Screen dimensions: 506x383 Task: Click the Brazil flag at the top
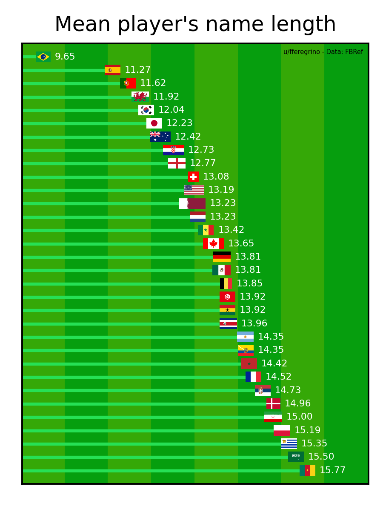pos(43,57)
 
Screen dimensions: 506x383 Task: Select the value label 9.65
pos(65,57)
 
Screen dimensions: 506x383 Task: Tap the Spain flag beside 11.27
pos(112,70)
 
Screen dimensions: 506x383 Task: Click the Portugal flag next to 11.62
pos(128,83)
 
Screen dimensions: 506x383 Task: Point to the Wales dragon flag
pos(140,97)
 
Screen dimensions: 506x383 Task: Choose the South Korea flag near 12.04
pos(146,110)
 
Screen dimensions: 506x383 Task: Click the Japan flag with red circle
pos(154,123)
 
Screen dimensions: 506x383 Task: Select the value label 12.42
pos(188,137)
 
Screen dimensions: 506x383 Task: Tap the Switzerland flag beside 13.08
pos(193,177)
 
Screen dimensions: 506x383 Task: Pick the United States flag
pos(194,190)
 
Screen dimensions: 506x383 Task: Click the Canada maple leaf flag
pos(213,243)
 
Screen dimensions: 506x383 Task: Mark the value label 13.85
pos(249,283)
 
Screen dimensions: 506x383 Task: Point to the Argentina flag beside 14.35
pos(245,337)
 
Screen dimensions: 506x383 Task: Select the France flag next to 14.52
pos(253,377)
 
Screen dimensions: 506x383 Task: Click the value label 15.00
pos(299,417)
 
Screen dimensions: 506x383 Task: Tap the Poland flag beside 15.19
pos(282,430)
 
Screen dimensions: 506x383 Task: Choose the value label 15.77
pos(332,470)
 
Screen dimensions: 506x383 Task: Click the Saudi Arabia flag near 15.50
pos(296,457)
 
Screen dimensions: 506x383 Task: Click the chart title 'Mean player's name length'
pos(195,24)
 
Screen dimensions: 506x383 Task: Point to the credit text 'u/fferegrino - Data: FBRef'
pos(323,52)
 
